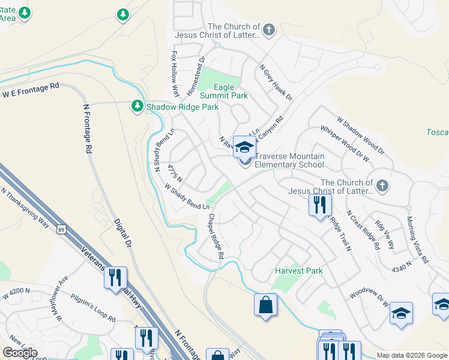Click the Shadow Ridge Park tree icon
tap(137, 106)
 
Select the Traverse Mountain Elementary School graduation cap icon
tap(245, 146)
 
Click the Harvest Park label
tap(299, 271)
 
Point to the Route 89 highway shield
tap(60, 229)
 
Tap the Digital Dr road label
tap(122, 233)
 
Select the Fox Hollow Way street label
tap(175, 73)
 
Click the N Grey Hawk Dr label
tap(275, 82)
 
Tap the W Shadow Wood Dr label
tap(360, 135)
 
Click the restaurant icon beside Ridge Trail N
tap(320, 205)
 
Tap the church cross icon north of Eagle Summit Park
tap(269, 29)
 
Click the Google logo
tap(20, 353)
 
